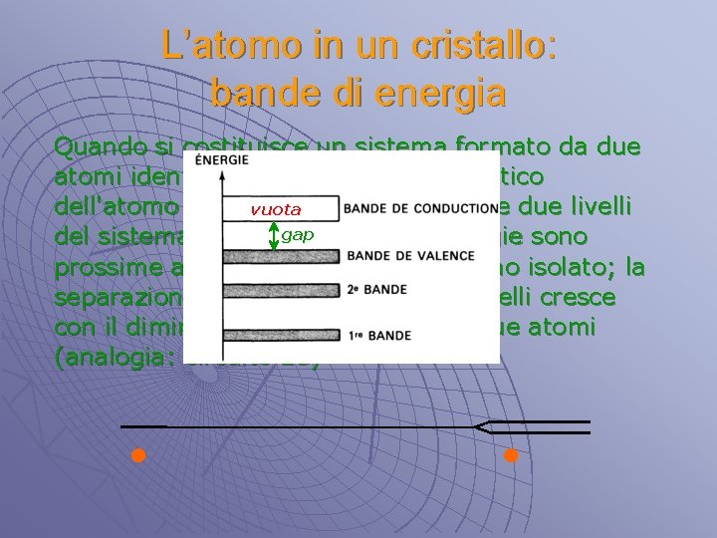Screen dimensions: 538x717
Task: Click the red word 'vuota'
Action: tap(276, 209)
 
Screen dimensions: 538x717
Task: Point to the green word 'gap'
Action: tap(297, 235)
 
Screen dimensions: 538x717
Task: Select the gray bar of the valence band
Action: tap(282, 257)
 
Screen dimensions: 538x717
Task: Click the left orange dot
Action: tap(138, 457)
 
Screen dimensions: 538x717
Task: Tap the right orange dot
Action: tap(511, 457)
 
